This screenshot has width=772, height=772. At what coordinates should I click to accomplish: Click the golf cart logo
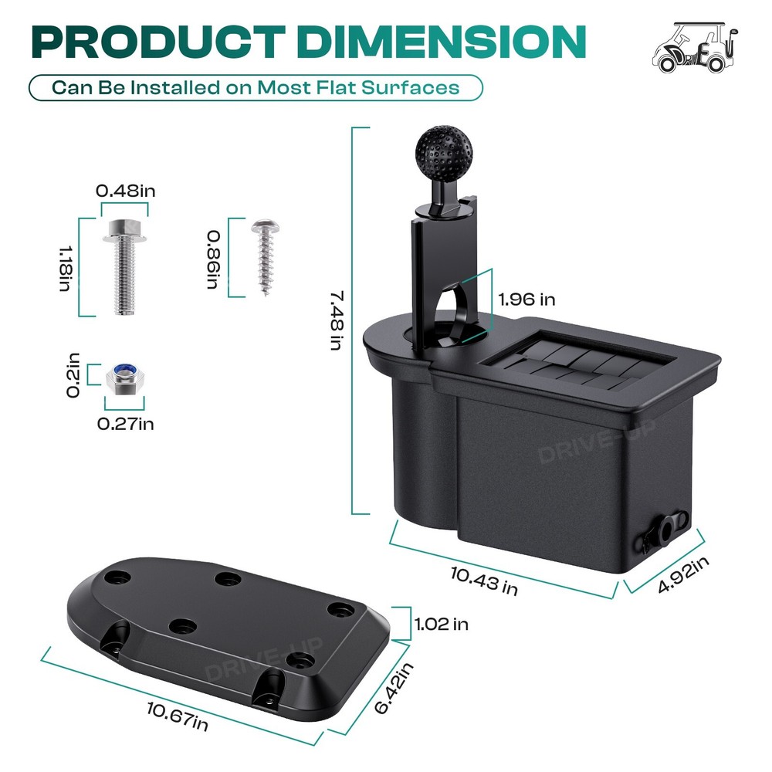695,48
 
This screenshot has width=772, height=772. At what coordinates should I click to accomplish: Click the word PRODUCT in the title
158,42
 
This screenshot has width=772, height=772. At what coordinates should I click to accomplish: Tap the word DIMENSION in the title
441,42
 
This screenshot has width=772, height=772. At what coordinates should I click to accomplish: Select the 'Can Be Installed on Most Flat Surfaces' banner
256,88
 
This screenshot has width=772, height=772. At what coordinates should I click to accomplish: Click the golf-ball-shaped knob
444,151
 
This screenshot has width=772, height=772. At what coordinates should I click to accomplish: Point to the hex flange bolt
124,266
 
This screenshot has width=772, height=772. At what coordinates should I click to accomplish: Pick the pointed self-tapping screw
266,257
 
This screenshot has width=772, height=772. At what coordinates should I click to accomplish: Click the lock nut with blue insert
125,378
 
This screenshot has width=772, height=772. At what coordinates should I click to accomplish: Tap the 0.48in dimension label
126,191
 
